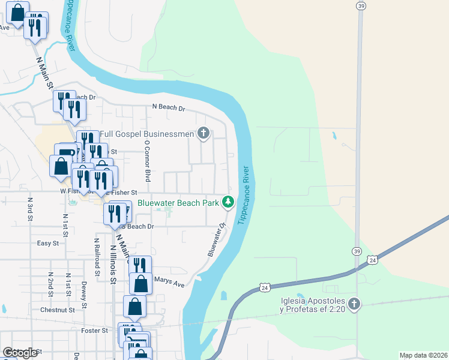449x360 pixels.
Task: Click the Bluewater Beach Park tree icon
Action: click(x=228, y=202)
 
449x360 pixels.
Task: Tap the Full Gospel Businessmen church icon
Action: click(x=203, y=133)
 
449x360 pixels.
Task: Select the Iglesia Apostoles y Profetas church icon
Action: click(x=354, y=304)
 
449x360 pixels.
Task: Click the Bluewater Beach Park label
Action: click(x=178, y=203)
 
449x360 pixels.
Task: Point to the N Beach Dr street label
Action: click(x=169, y=109)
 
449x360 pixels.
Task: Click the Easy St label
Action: click(x=48, y=244)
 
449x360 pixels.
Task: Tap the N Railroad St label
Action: click(x=96, y=255)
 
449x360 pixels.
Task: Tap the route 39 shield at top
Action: click(x=360, y=6)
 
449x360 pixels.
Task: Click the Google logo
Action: click(x=19, y=353)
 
